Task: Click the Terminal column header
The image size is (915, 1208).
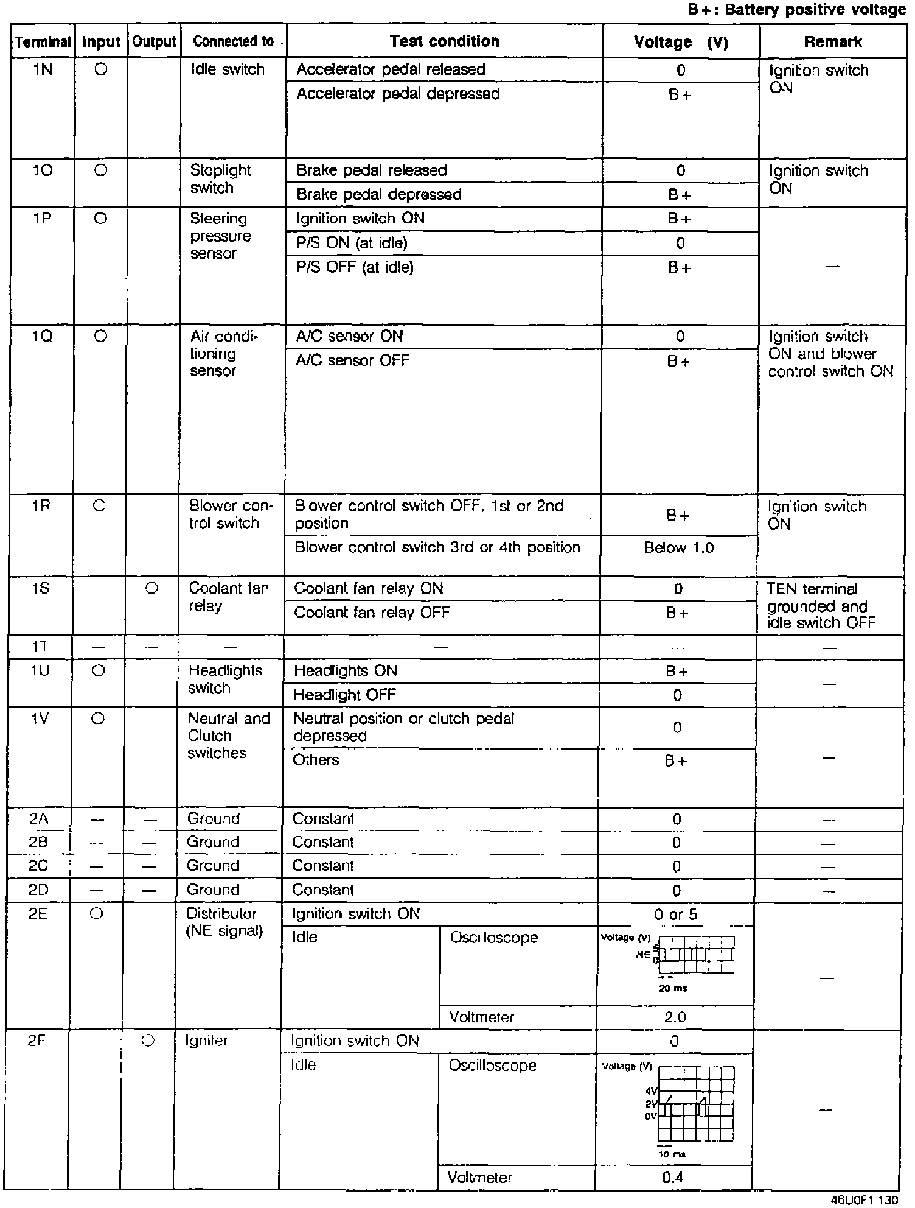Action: click(43, 42)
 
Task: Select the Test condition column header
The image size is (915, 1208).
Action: click(445, 41)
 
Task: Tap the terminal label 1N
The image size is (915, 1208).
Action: click(43, 70)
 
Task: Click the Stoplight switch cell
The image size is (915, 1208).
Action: click(220, 179)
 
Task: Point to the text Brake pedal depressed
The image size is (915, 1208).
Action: click(378, 195)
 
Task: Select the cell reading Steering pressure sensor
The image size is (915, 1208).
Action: click(219, 236)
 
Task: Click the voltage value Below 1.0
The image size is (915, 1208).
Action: click(678, 548)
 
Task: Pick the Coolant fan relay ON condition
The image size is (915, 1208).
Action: click(368, 589)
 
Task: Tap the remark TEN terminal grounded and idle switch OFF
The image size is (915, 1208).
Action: click(820, 606)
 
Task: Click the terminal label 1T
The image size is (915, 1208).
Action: click(40, 647)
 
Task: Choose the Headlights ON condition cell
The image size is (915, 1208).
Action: click(345, 671)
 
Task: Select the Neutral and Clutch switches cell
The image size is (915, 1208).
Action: click(228, 736)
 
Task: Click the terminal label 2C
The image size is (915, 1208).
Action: click(38, 866)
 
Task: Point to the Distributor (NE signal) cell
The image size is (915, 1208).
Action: click(224, 922)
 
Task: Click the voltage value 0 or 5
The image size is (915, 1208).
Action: click(675, 915)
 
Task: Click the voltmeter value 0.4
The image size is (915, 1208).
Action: click(672, 1178)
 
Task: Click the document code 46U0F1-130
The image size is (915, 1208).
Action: click(864, 1200)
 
